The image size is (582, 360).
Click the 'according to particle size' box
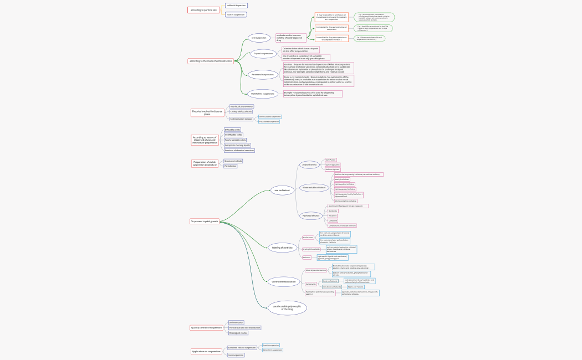pos(203,10)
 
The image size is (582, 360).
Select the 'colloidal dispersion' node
pos(236,6)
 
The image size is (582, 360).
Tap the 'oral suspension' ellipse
pos(259,38)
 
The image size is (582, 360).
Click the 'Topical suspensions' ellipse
pos(263,54)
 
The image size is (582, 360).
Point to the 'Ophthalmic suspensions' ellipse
pos(263,94)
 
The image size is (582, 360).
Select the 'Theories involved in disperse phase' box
pos(207,112)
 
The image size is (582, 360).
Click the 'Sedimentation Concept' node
pos(241,119)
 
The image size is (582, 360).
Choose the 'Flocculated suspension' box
pos(269,121)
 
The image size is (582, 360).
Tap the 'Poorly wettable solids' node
pos(235,140)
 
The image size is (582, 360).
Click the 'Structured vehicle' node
pos(233,161)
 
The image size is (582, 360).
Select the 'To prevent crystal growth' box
pos(205,222)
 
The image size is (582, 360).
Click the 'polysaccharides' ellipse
pos(309,164)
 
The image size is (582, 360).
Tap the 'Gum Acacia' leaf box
pos(331,160)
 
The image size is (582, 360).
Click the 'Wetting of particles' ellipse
pos(282,248)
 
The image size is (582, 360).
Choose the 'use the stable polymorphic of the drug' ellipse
pos(287,308)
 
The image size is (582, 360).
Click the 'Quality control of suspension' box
pos(206,327)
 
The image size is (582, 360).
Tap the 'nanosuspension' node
pos(236,355)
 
